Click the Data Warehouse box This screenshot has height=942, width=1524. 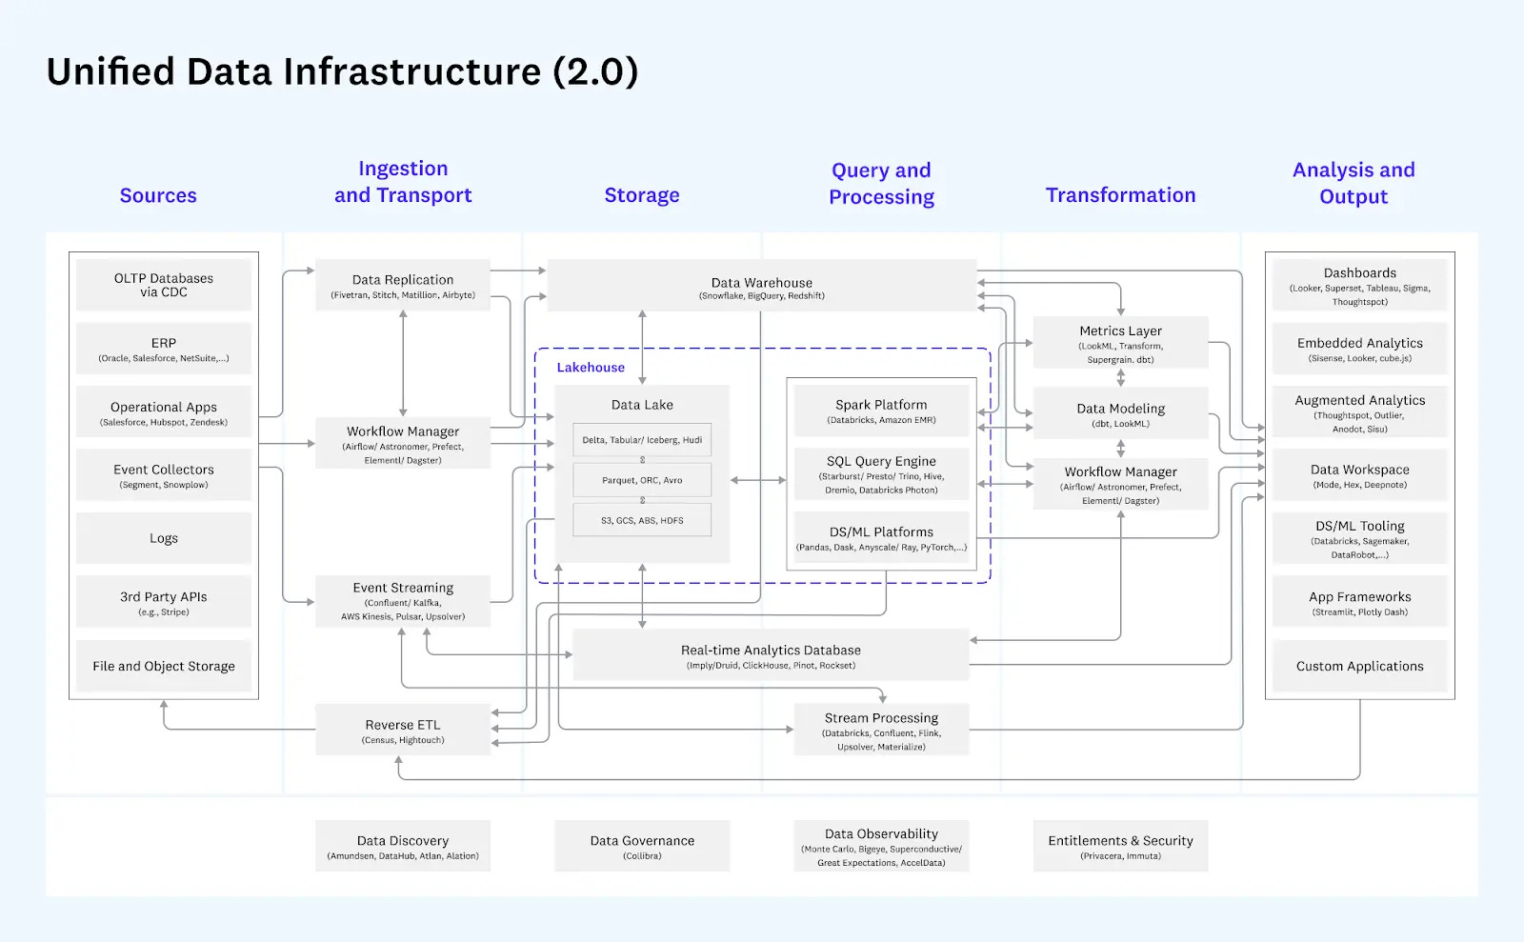coord(761,286)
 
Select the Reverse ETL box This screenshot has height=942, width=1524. coord(403,731)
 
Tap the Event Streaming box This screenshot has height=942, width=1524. coord(403,601)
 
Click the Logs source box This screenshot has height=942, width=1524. coord(164,538)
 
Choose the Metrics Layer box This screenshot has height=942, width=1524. coord(1120,343)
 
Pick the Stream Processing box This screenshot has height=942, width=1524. coord(881,731)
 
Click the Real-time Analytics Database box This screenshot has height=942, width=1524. coord(771,655)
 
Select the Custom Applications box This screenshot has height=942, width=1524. coord(1359,666)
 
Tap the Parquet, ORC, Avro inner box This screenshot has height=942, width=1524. coord(642,480)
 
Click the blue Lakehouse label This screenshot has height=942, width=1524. coord(591,368)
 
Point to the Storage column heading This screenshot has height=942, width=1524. coord(642,195)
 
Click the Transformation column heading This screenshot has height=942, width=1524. coord(1120,195)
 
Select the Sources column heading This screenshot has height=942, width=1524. coord(158,195)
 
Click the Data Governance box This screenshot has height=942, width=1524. coord(642,846)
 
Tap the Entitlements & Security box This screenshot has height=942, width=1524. coord(1120,846)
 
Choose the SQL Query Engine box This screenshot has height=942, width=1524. coord(881,473)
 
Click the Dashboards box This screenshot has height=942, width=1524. coord(1359,285)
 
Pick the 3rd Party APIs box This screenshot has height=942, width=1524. coord(164,602)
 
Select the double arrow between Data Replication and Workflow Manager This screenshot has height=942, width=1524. coord(403,363)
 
